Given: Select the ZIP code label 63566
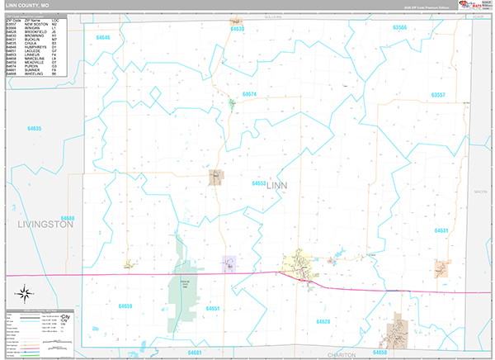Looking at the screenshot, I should [400, 27].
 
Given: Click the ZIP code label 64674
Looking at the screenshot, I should [249, 94].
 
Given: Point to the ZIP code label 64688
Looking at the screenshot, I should [68, 219].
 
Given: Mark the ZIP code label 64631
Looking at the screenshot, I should [441, 230].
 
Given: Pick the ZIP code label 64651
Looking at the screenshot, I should [212, 308].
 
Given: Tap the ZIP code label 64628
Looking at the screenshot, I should [323, 320].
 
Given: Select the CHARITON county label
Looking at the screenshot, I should [341, 354].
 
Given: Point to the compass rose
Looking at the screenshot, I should [24, 291].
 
